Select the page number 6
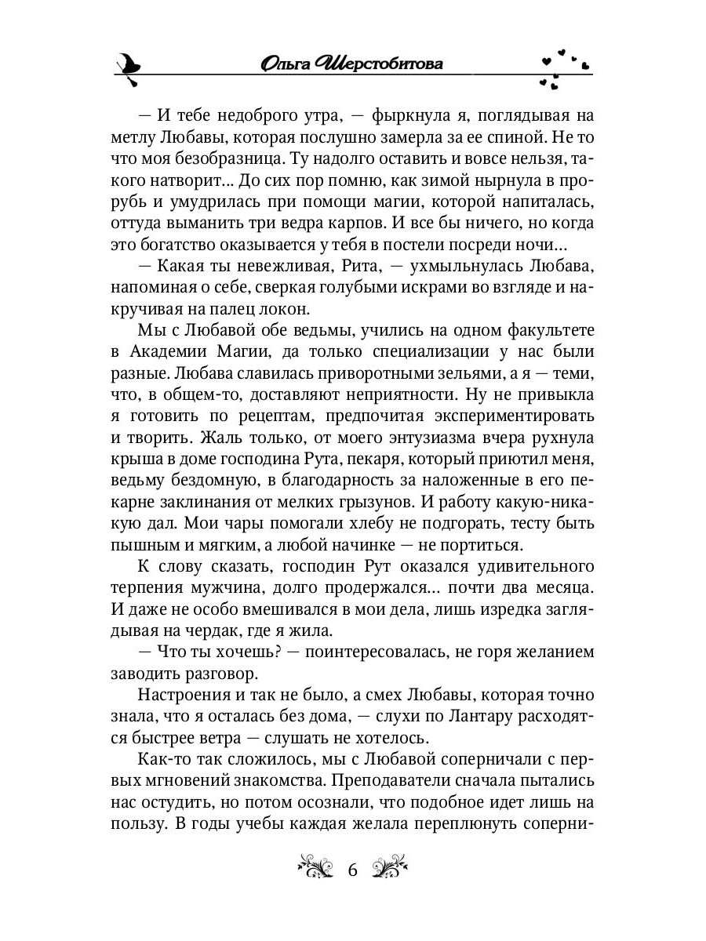pos(351,870)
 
